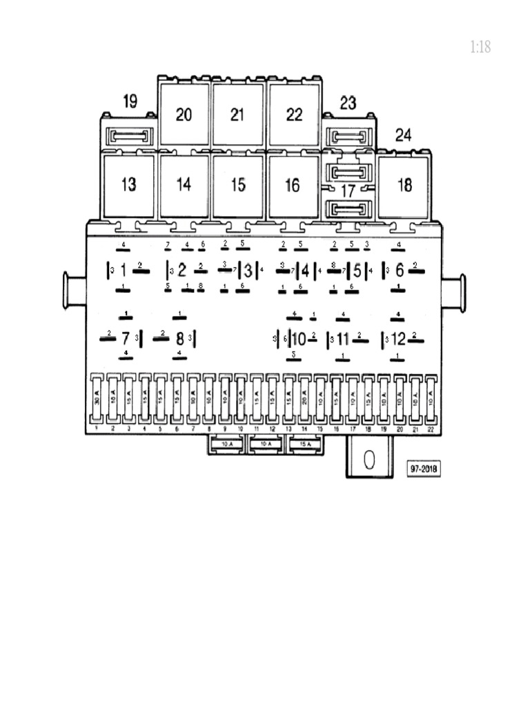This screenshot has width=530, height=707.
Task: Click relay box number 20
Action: click(x=184, y=115)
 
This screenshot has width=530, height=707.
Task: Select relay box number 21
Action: click(x=237, y=115)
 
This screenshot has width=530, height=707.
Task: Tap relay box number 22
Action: click(x=294, y=115)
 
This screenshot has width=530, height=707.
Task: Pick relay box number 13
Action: click(x=128, y=185)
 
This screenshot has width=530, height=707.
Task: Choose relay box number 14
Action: click(x=184, y=185)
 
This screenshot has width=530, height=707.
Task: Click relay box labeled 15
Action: click(x=237, y=185)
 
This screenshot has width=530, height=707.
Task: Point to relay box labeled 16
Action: click(x=293, y=185)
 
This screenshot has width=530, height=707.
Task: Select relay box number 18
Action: click(x=404, y=185)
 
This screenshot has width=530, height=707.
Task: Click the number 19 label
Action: click(x=130, y=101)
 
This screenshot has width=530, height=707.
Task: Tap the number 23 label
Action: click(x=348, y=103)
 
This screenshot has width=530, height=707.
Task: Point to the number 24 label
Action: click(x=403, y=135)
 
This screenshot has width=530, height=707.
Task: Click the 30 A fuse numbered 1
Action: click(x=97, y=399)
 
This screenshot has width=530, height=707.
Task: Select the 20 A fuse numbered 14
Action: click(x=305, y=399)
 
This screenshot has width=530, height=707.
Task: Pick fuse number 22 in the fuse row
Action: click(x=431, y=399)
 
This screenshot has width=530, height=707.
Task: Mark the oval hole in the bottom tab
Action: click(x=369, y=460)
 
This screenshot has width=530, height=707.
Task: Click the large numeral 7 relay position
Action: click(x=125, y=339)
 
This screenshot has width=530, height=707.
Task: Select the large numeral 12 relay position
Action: click(x=399, y=339)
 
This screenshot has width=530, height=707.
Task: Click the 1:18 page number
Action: click(x=480, y=47)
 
